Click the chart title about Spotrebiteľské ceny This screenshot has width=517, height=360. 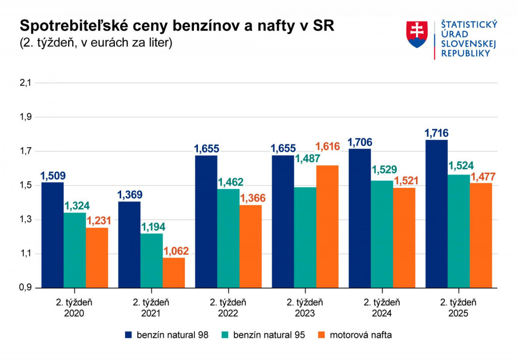pyautogui.click(x=176, y=26)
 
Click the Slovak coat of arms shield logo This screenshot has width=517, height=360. pyautogui.click(x=417, y=34)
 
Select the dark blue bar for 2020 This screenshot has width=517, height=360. pyautogui.click(x=53, y=235)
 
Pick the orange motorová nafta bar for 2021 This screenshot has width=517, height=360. pyautogui.click(x=173, y=273)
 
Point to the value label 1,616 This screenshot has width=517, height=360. pyautogui.click(x=328, y=147)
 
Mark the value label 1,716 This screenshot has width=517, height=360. pyautogui.click(x=436, y=134)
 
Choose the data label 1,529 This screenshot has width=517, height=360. pyautogui.click(x=382, y=170)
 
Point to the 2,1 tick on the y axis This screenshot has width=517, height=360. pyautogui.click(x=25, y=83)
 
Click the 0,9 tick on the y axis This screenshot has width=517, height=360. pyautogui.click(x=25, y=288)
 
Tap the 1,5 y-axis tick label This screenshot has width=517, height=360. pyautogui.click(x=25, y=185)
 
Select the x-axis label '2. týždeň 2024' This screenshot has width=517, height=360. pyautogui.click(x=382, y=308)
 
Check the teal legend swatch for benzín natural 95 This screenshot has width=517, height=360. pyautogui.click(x=226, y=335)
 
